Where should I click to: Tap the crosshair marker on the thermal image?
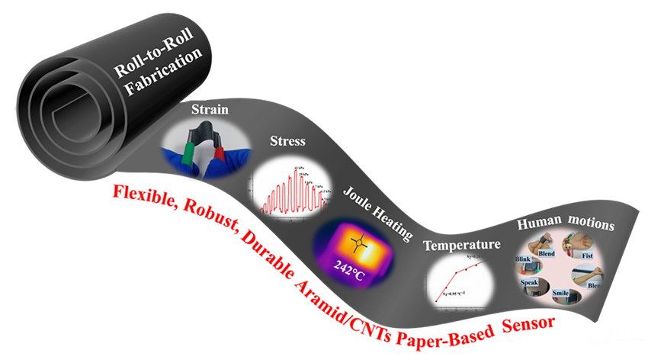coord(359,243)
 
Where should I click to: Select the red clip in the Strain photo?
coord(219,157)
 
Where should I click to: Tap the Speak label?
coord(530,282)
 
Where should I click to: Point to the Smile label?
coord(562,292)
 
